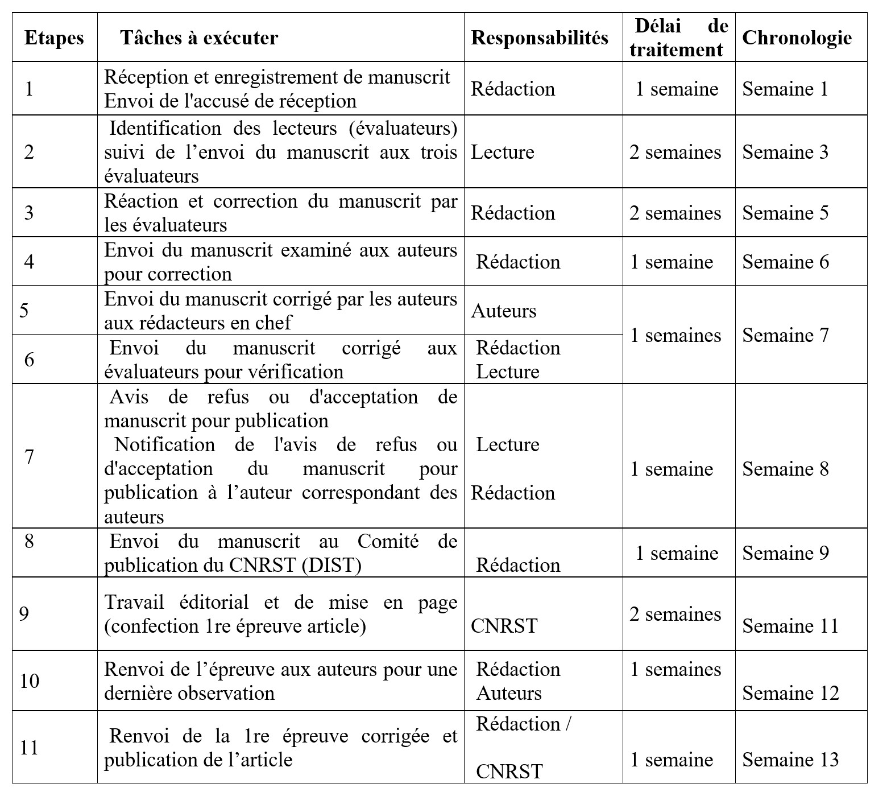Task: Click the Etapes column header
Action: (54, 38)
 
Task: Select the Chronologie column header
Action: (797, 38)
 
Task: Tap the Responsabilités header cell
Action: (540, 38)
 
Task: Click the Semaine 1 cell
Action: (785, 89)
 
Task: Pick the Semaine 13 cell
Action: (790, 760)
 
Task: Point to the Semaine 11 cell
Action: (790, 626)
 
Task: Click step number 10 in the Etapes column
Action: (30, 681)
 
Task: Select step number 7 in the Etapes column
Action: (30, 457)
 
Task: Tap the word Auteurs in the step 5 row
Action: (504, 311)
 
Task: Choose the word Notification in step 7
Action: (165, 444)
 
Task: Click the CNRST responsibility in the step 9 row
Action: (504, 626)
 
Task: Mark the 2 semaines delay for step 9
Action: (675, 614)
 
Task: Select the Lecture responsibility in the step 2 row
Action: (503, 152)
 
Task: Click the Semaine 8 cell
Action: (785, 469)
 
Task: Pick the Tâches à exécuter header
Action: (199, 38)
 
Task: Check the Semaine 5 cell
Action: (785, 213)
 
